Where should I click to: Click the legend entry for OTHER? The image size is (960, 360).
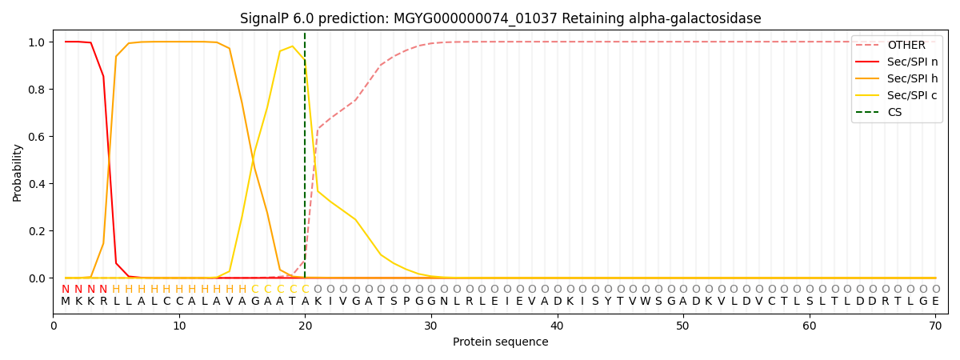coord(897,45)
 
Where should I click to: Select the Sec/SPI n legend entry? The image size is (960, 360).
coord(897,62)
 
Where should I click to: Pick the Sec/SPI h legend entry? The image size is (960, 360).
coord(897,78)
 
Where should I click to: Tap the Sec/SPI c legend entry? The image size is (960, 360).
coord(897,95)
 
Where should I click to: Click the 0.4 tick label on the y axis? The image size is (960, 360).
coord(37,184)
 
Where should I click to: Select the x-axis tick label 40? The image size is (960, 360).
coord(557,326)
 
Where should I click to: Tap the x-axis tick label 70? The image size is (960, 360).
coord(935,326)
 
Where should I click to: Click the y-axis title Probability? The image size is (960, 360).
coord(17,173)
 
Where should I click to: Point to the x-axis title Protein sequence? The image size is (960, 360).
coord(501,342)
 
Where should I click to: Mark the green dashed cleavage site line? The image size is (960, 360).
coord(305,155)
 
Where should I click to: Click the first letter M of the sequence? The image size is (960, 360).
coord(66,302)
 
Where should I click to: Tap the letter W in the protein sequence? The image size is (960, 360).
coord(646,302)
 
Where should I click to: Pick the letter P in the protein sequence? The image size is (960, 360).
coord(406,302)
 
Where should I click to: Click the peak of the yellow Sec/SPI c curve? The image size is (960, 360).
coord(292,46)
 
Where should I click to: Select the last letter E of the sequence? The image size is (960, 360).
coord(935,302)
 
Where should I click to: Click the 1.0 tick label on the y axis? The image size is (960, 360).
coord(37,42)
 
